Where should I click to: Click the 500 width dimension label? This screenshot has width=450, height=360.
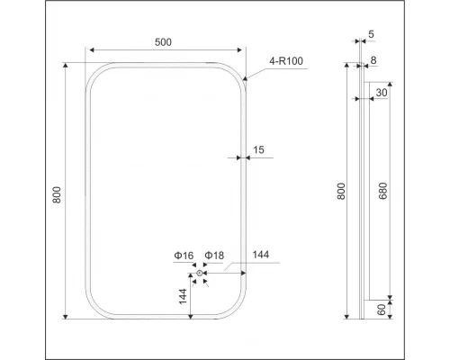(164, 42)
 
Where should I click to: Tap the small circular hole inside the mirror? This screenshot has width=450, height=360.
(199, 273)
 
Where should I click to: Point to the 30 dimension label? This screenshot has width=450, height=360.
(382, 92)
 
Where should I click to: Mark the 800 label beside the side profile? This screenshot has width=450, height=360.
(341, 192)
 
